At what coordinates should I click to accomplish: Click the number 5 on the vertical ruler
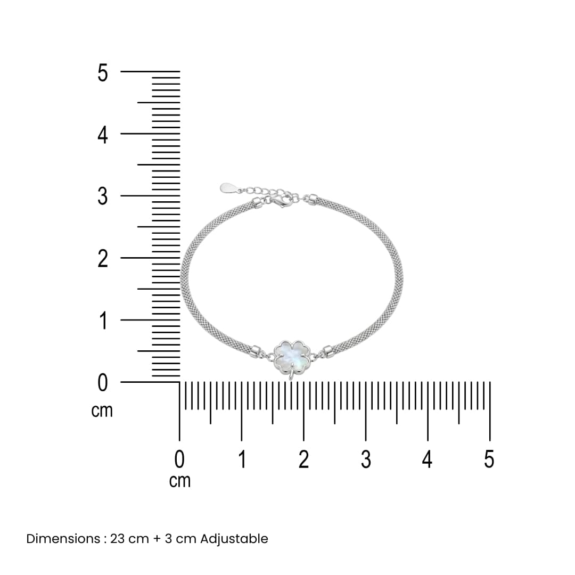tap(103, 72)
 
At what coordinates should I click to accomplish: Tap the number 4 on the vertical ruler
tap(103, 135)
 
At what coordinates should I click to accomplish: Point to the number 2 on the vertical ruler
tap(103, 259)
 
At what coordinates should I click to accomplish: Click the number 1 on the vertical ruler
tap(103, 321)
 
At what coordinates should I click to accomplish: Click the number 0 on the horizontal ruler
tap(179, 459)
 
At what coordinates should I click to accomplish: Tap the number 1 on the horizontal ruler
tap(242, 459)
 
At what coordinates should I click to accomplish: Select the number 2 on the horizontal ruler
tap(303, 459)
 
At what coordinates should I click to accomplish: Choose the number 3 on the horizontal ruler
tap(366, 459)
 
